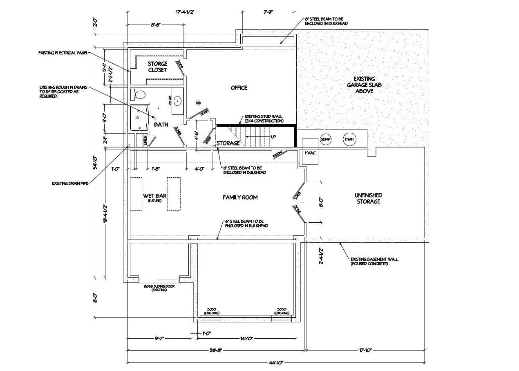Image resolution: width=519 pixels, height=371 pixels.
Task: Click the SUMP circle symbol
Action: pyautogui.click(x=326, y=139)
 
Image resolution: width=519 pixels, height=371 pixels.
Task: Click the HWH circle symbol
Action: pyautogui.click(x=349, y=139)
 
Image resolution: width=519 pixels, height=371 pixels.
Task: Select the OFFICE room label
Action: pyautogui.click(x=239, y=88)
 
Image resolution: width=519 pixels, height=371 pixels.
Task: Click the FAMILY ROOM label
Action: pyautogui.click(x=240, y=197)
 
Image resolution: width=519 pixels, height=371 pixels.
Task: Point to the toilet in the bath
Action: pyautogui.click(x=139, y=95)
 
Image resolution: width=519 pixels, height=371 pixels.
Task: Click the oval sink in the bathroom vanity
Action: pyautogui.click(x=178, y=100)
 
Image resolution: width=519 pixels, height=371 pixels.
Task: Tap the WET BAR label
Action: pyautogui.click(x=155, y=196)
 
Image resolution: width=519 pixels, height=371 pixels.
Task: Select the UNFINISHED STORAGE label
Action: pyautogui.click(x=368, y=199)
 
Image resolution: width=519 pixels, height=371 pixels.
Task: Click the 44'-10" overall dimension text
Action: pyautogui.click(x=276, y=362)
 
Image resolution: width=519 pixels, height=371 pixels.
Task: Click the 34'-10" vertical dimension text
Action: pyautogui.click(x=95, y=162)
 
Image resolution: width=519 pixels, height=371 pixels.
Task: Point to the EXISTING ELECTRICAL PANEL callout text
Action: pyautogui.click(x=63, y=53)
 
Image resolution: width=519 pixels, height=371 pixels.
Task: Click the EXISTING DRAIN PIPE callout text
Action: pyautogui.click(x=70, y=183)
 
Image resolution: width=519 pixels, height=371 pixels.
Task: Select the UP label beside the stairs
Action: pyautogui.click(x=273, y=136)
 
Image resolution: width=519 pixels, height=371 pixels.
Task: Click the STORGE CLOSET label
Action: pyautogui.click(x=157, y=67)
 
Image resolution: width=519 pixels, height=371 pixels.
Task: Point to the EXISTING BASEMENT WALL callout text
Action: pyautogui.click(x=374, y=261)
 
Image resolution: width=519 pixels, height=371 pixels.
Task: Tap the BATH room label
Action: pyautogui.click(x=161, y=125)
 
